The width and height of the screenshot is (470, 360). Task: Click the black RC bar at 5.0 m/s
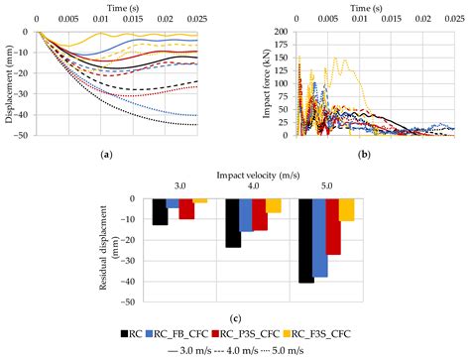click(x=306, y=240)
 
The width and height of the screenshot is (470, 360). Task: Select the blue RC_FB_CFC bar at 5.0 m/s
click(x=320, y=237)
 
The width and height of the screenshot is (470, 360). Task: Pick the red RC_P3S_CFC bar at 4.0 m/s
click(x=260, y=214)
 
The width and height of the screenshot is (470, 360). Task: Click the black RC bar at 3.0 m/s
click(x=160, y=211)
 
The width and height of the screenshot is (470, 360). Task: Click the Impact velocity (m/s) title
click(x=254, y=171)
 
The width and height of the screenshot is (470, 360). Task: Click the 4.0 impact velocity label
click(x=254, y=185)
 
